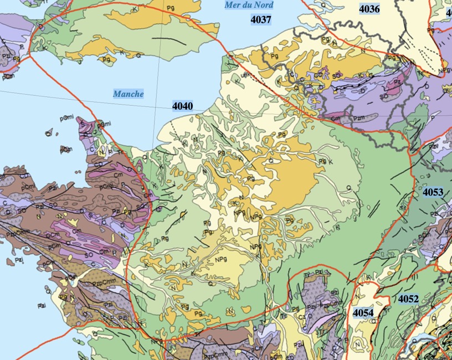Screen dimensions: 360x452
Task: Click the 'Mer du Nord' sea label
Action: coord(248,5)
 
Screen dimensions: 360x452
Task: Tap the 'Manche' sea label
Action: coord(129,94)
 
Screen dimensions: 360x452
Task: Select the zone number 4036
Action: coord(369,8)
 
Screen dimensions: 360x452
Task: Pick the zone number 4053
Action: coord(433,192)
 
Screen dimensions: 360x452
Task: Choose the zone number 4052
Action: coord(408,299)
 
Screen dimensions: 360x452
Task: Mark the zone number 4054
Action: coord(363,313)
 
